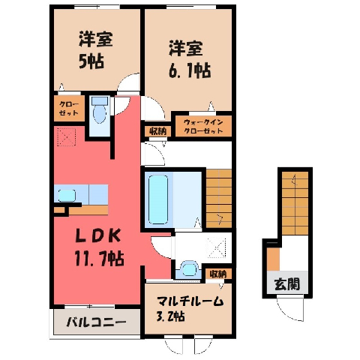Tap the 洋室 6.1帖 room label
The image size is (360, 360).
pyautogui.click(x=189, y=59)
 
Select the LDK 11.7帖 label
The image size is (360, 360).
pyautogui.click(x=99, y=247)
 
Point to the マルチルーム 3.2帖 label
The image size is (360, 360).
pyautogui.click(x=190, y=308)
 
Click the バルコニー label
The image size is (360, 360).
pyautogui.click(x=96, y=322)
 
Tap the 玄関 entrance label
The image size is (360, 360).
pyautogui.click(x=287, y=284)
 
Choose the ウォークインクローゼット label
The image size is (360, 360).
pyautogui.click(x=203, y=126)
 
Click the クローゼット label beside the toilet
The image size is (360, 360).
pyautogui.click(x=69, y=109)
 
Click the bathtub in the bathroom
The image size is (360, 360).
pyautogui.click(x=158, y=199)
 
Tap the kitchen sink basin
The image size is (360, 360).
pyautogui.click(x=67, y=196)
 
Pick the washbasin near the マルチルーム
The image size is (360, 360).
pyautogui.click(x=190, y=268)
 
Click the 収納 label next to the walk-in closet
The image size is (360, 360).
pyautogui.click(x=158, y=131)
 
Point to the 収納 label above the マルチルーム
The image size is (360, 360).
pyautogui.click(x=218, y=274)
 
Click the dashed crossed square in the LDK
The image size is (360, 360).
pyautogui.click(x=66, y=136)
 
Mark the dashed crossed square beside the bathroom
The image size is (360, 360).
pyautogui.click(x=217, y=247)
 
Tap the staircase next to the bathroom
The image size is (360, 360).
pyautogui.click(x=219, y=199)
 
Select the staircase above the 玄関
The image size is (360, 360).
pyautogui.click(x=295, y=203)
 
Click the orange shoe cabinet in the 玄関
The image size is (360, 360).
pyautogui.click(x=273, y=259)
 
